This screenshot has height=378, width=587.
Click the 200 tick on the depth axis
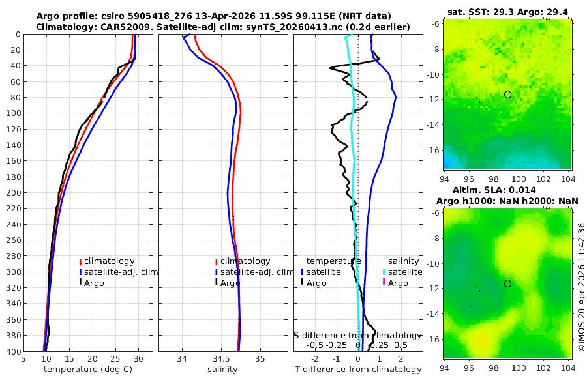click(x=12, y=192)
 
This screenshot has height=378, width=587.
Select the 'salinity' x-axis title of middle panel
click(x=222, y=370)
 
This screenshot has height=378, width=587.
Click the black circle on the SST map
click(x=507, y=94)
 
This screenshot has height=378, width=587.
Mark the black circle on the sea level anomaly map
click(x=507, y=283)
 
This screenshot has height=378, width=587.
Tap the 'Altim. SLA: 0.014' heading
click(x=508, y=189)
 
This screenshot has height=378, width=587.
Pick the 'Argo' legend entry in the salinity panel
click(x=230, y=283)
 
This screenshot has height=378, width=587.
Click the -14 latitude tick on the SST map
click(x=434, y=124)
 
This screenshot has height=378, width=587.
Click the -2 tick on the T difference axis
click(x=316, y=358)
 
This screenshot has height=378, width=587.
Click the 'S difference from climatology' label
click(x=357, y=334)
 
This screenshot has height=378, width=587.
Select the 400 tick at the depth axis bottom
click(x=12, y=351)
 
